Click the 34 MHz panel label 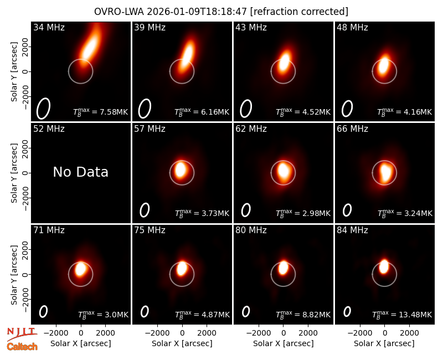pos(49,27)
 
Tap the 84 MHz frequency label pos(352,230)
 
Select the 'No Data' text pos(80,172)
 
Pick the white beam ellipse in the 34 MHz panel pos(43,109)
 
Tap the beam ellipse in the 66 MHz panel pos(347,210)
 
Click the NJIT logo pos(22,334)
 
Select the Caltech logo pos(22,347)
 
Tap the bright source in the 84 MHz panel pos(384,266)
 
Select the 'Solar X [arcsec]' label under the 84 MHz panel pos(384,343)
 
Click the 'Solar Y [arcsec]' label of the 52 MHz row pos(14,173)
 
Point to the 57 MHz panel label pos(150,129)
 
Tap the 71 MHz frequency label pos(49,230)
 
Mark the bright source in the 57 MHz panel pos(181,169)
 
